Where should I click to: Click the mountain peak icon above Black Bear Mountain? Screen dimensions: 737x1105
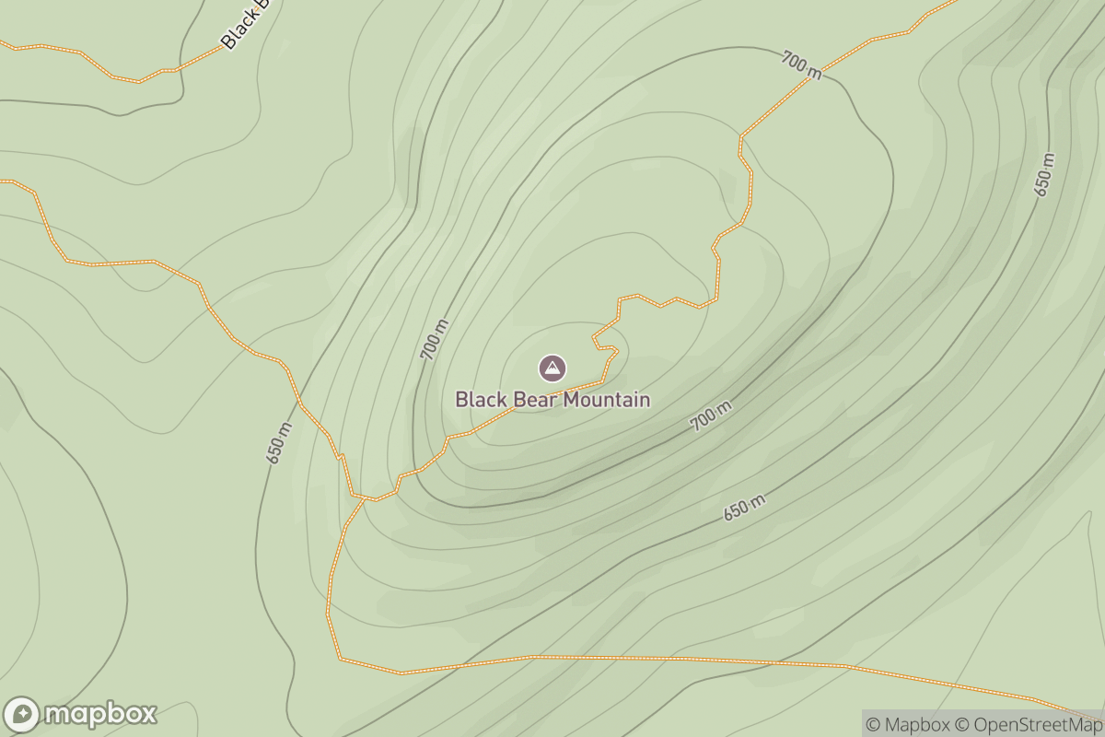(552, 368)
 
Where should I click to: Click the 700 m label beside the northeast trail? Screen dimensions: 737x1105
(801, 64)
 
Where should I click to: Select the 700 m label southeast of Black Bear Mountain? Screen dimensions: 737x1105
(712, 416)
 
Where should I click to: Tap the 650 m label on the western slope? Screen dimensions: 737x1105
(280, 442)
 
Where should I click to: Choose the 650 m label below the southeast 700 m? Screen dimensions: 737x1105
(744, 507)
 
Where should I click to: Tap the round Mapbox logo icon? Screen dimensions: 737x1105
(22, 715)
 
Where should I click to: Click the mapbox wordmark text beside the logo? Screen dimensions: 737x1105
(100, 715)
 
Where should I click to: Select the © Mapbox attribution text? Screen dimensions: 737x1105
(909, 724)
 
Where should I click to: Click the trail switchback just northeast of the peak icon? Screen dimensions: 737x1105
(614, 349)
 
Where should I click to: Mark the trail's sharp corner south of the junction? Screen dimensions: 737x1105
(341, 658)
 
